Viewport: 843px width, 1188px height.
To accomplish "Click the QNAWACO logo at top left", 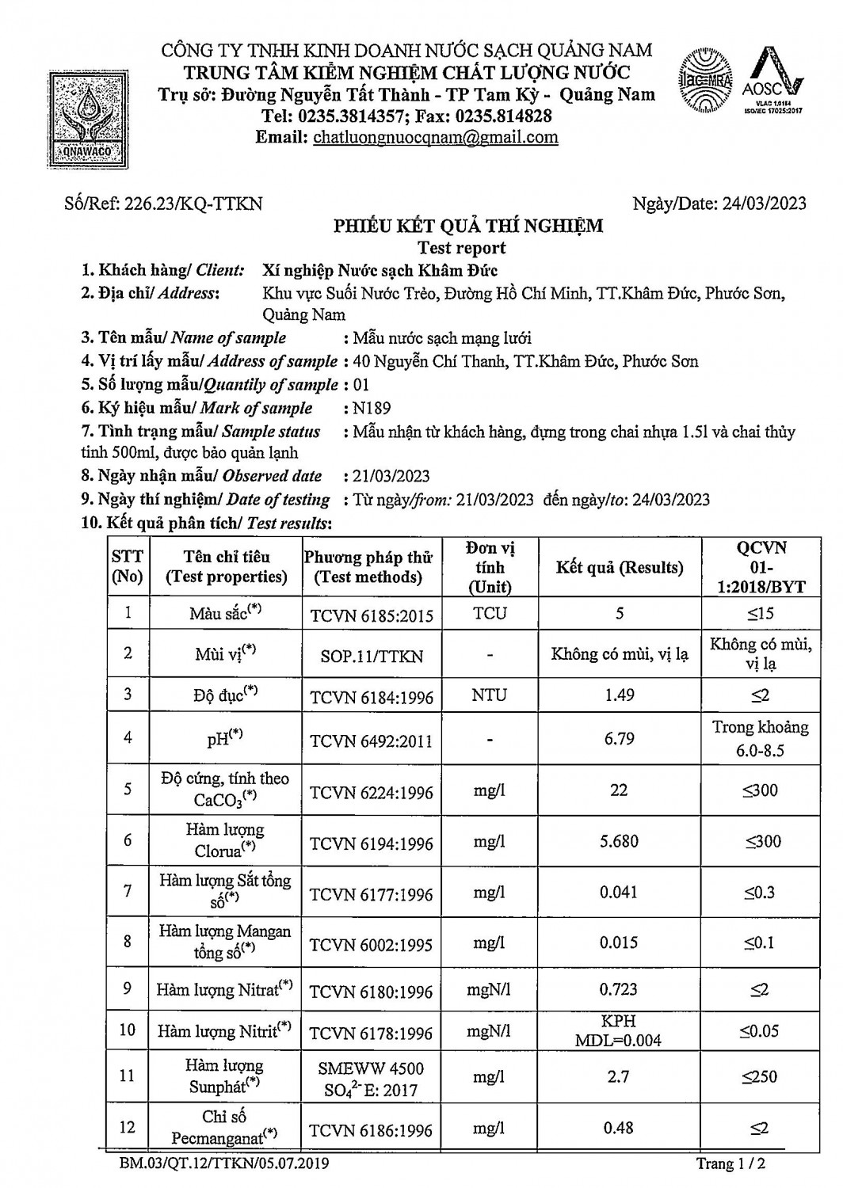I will tap(84, 118).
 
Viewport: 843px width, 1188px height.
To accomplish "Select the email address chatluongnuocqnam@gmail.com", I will tap(436, 137).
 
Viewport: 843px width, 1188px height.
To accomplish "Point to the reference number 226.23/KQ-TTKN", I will tap(163, 204).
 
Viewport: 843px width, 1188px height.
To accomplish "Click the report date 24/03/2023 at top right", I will tap(719, 204).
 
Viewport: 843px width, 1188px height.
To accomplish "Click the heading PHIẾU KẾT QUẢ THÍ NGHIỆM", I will tap(467, 227).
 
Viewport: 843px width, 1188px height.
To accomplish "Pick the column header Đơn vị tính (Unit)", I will tap(490, 567).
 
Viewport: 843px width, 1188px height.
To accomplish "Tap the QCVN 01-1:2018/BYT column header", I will tap(760, 567).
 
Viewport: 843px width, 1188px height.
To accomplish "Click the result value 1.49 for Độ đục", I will tap(619, 695).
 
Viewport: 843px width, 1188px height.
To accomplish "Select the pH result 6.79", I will tap(619, 739).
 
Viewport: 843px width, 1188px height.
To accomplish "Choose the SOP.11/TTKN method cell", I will tap(372, 657).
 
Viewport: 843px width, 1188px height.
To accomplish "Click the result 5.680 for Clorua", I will tap(619, 841).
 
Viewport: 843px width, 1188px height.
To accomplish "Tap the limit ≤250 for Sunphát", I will tap(760, 1076).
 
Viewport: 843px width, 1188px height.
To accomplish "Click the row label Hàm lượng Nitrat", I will tap(224, 989).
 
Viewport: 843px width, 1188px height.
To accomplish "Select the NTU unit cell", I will tap(490, 695).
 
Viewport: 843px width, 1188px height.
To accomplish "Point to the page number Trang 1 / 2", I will tap(730, 1163).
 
